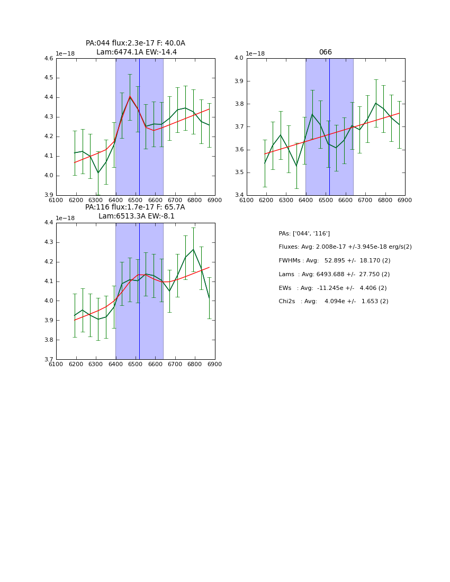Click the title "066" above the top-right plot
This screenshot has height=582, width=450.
pos(325,52)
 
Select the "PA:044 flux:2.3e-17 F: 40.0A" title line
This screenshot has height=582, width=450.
pos(136,43)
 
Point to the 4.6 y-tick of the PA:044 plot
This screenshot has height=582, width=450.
pos(49,59)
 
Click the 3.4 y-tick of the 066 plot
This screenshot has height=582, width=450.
pos(239,195)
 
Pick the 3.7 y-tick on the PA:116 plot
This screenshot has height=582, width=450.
pos(49,360)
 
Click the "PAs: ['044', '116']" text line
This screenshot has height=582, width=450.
pos(304,233)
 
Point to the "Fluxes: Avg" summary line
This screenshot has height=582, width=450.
pos(345,247)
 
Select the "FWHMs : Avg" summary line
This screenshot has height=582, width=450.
pos(335,260)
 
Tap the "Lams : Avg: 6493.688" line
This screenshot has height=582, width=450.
pos(334,274)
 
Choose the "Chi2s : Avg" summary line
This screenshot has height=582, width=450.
pos(334,301)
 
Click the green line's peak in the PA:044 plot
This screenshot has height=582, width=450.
pos(130,96)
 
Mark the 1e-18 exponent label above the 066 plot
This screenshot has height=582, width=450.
pos(256,53)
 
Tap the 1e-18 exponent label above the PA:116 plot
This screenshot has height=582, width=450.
pos(65,218)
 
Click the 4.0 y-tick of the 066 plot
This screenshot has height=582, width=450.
pos(239,59)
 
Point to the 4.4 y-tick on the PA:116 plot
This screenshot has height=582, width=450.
pos(49,223)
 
